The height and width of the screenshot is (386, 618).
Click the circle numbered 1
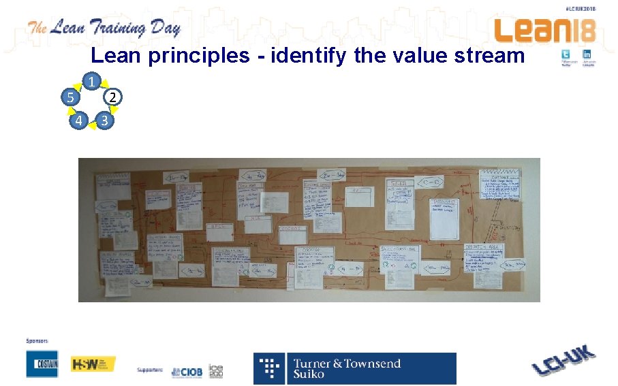coord(92,80)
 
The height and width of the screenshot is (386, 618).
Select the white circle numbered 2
coord(114,97)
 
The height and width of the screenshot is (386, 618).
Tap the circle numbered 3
coord(104,121)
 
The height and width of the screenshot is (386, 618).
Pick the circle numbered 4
coord(79,121)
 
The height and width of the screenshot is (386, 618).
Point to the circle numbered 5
coord(69,97)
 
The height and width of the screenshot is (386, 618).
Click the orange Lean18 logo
coord(544,29)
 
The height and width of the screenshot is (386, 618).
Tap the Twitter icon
coord(567,54)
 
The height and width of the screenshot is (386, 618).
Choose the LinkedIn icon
coord(587,54)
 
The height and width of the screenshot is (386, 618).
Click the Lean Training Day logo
coord(104,28)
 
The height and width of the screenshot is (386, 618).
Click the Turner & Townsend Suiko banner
coord(355,368)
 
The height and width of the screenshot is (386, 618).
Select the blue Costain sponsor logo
coord(42,364)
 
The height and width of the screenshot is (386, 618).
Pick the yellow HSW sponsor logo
coord(93,364)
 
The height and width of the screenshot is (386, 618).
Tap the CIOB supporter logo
coord(187,372)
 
